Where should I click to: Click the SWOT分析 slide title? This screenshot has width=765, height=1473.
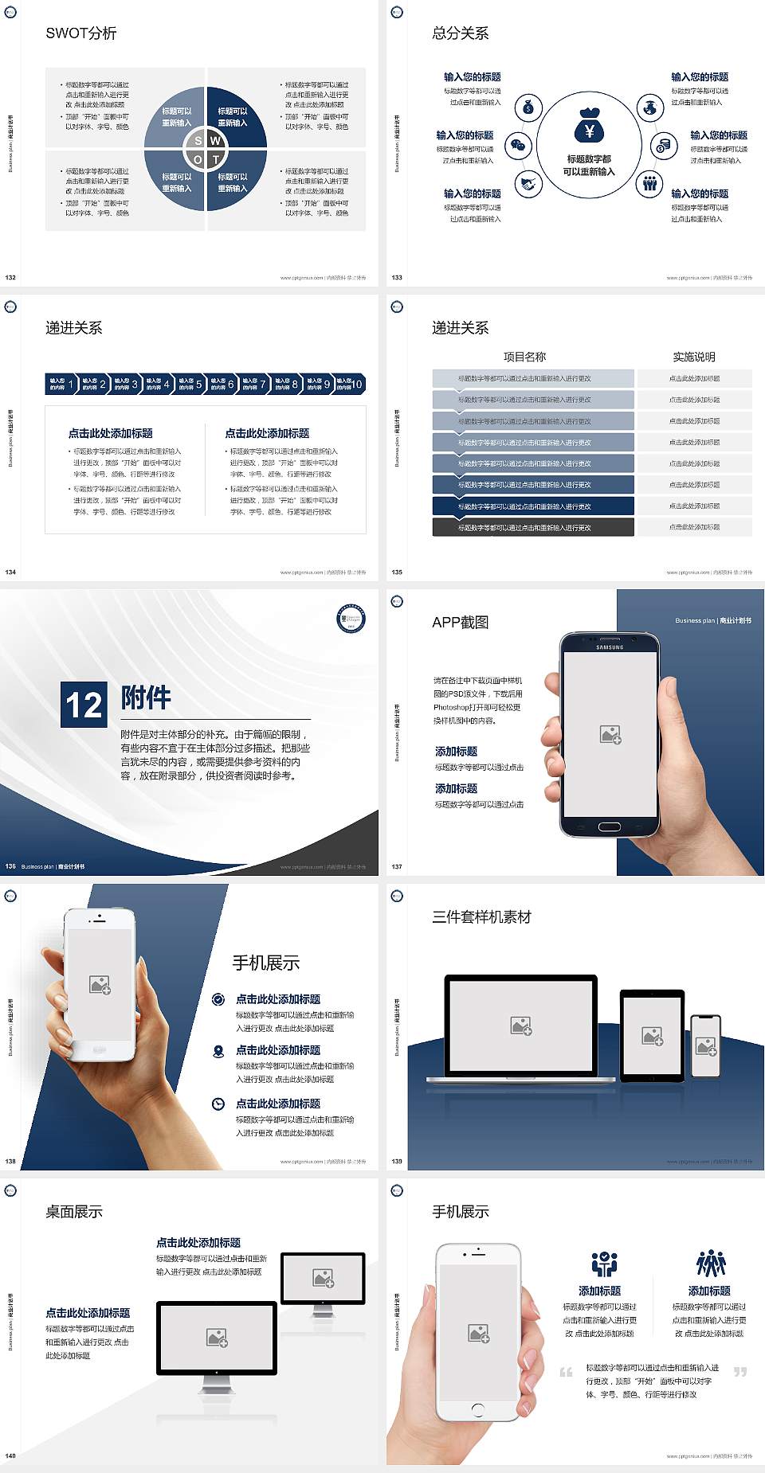(81, 33)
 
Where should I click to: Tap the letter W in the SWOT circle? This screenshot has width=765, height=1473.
(215, 141)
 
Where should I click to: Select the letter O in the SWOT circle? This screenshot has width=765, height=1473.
(198, 160)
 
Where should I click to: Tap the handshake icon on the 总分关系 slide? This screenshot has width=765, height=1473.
(528, 185)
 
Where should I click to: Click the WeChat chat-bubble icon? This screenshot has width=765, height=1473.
(519, 146)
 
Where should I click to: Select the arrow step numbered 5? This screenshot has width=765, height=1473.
(190, 384)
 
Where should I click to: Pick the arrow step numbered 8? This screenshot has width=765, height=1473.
(286, 384)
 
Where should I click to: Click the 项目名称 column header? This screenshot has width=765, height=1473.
(524, 357)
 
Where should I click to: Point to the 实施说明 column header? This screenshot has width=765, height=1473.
(694, 357)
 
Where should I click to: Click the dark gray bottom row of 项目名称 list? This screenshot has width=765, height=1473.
(533, 527)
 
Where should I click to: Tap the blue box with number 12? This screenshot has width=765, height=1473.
(84, 705)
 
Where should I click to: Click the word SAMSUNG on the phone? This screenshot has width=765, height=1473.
(610, 647)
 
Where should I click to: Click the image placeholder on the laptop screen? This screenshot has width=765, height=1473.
(521, 1026)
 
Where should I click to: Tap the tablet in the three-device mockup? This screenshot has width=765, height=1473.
(652, 1036)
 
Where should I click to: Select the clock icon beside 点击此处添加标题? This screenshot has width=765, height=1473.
(218, 1104)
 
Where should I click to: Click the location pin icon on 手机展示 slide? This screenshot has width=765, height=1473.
(218, 1051)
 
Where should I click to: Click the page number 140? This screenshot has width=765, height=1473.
(10, 1455)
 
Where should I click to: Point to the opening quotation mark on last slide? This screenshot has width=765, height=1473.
(566, 1372)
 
